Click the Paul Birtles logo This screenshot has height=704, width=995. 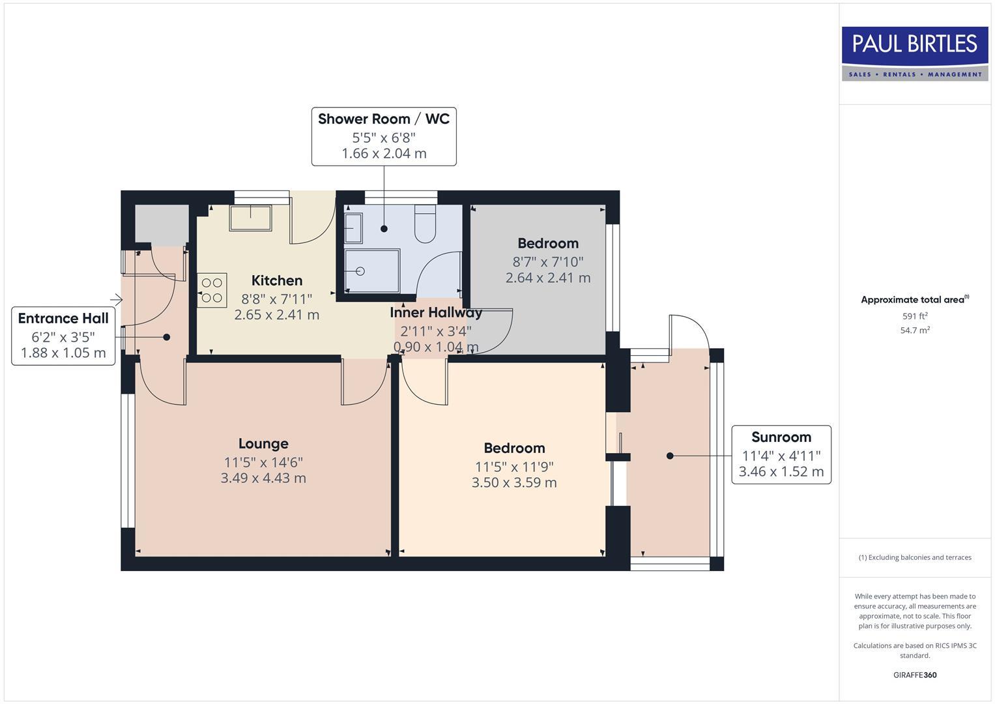tap(915, 53)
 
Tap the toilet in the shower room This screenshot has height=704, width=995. tap(425, 224)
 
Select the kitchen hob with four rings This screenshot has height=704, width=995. tap(212, 290)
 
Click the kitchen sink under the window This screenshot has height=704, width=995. tap(250, 218)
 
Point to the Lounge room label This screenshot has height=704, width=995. tap(263, 444)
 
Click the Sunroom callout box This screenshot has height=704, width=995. tap(781, 454)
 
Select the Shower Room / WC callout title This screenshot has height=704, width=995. tap(384, 119)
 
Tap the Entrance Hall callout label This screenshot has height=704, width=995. tap(63, 318)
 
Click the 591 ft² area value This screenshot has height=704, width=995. tap(915, 316)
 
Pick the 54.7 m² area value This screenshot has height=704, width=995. tap(915, 330)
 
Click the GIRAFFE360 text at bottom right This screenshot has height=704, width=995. tap(915, 675)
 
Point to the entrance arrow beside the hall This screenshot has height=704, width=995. tap(117, 300)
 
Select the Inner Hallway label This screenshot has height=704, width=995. tap(436, 312)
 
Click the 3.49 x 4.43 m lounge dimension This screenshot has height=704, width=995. tap(263, 478)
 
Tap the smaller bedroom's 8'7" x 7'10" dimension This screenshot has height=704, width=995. tap(548, 261)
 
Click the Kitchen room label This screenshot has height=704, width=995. tap(277, 280)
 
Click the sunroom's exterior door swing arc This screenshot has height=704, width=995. tap(693, 330)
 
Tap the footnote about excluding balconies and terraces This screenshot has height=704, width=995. tap(915, 557)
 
